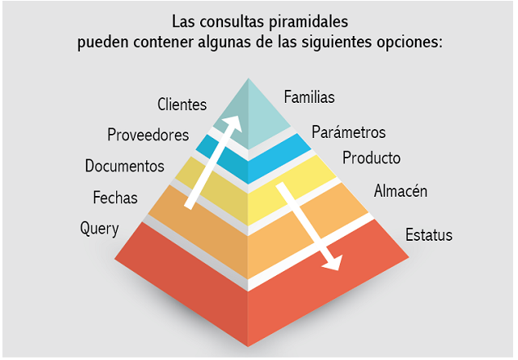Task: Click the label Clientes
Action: (x=182, y=104)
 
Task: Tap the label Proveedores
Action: (x=148, y=135)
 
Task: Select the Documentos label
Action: (x=124, y=166)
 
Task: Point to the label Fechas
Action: (x=115, y=198)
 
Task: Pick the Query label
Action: (x=100, y=229)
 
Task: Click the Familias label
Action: (x=309, y=97)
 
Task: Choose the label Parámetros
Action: (x=349, y=132)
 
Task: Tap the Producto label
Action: (x=371, y=158)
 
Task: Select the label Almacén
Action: (x=400, y=191)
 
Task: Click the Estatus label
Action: (x=429, y=234)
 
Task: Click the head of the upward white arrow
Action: (x=233, y=122)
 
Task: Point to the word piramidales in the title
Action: (x=308, y=22)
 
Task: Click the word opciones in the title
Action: (x=409, y=42)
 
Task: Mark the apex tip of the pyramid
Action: (x=248, y=78)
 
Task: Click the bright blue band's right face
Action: (x=279, y=157)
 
